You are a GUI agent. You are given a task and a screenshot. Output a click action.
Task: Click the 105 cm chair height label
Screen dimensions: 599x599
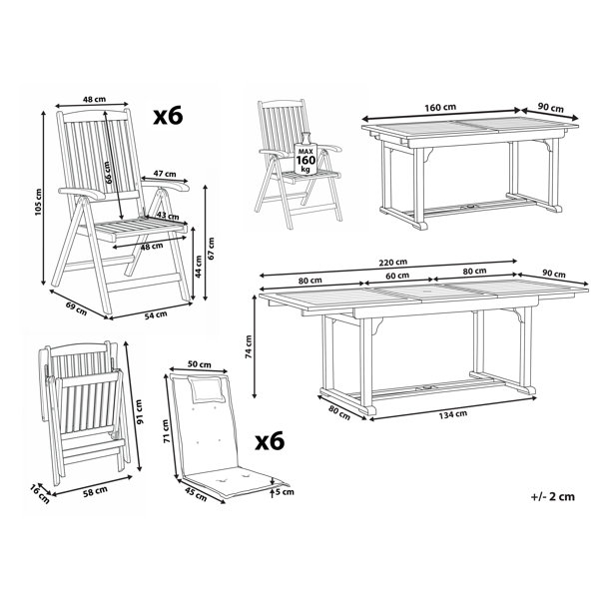[x=38, y=202]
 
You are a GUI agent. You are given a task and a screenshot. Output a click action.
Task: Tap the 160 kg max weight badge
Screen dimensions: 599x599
[x=306, y=155]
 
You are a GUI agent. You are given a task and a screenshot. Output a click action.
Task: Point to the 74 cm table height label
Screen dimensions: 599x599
[x=249, y=346]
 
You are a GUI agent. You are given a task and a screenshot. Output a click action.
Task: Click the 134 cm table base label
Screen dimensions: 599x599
[x=452, y=414]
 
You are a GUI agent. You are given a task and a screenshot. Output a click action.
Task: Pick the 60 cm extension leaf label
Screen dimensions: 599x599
[x=397, y=276]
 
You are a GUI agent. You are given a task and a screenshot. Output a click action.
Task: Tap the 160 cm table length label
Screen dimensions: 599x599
[x=440, y=108]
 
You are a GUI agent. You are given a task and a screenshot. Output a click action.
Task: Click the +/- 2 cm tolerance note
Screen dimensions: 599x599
[x=552, y=496]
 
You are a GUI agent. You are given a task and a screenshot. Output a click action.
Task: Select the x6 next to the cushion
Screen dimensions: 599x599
[x=270, y=441]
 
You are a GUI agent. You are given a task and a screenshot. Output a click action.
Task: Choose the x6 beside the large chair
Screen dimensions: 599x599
[x=168, y=116]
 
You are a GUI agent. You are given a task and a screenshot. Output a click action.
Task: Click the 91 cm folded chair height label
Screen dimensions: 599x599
[x=139, y=411]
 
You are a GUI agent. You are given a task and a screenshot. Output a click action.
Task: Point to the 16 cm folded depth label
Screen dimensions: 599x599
[x=40, y=494]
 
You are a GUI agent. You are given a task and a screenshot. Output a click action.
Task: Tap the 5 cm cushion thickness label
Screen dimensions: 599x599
[x=285, y=491]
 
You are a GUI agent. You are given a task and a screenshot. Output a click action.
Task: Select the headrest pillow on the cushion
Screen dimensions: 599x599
[x=208, y=389]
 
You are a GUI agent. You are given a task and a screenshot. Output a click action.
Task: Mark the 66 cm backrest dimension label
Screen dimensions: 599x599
[x=109, y=173]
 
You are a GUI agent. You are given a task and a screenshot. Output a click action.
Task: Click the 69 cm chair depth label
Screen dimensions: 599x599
[x=77, y=308]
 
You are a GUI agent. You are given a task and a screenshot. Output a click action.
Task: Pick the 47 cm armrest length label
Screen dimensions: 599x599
[x=165, y=174]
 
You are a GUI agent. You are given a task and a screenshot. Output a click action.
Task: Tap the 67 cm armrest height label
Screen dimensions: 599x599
[x=211, y=249]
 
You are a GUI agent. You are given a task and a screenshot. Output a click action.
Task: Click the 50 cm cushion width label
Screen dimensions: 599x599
[x=199, y=364]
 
